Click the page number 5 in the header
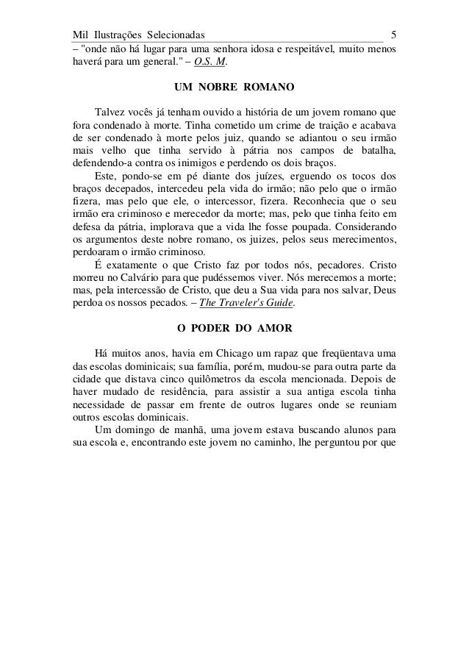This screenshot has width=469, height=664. click(x=394, y=34)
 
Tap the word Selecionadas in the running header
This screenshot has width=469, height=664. click(x=176, y=34)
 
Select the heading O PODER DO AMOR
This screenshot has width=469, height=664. click(x=234, y=329)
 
